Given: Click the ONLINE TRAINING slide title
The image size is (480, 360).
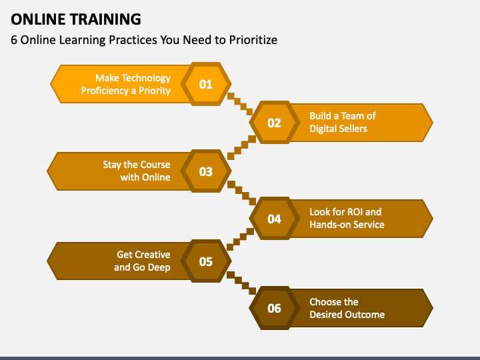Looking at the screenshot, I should [x=75, y=18].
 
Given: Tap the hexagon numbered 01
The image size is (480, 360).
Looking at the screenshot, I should [x=206, y=84].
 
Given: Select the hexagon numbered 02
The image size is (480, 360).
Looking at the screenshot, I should [x=274, y=123].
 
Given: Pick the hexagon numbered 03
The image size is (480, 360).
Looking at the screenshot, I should [x=206, y=171].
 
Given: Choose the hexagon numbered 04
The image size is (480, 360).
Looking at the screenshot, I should [x=274, y=219].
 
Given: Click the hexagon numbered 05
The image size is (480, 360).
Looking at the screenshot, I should [x=206, y=261].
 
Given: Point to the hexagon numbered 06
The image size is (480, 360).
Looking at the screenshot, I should [x=274, y=308].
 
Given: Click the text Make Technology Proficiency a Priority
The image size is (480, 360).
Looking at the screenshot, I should [x=126, y=84].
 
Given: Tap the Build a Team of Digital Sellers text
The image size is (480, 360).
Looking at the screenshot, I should [x=342, y=122].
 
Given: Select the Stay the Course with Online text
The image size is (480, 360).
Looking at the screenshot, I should [x=136, y=171].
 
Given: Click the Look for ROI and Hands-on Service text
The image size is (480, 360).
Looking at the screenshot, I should [x=346, y=218].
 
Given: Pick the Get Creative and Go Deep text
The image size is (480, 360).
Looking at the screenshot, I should [x=142, y=261].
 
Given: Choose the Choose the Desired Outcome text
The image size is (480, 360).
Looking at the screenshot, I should [x=347, y=308].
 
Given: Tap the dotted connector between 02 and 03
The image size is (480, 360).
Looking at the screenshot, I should [x=241, y=148].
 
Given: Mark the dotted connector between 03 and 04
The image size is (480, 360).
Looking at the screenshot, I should [x=241, y=193].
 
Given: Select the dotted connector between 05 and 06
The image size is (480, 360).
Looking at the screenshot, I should [x=241, y=283].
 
